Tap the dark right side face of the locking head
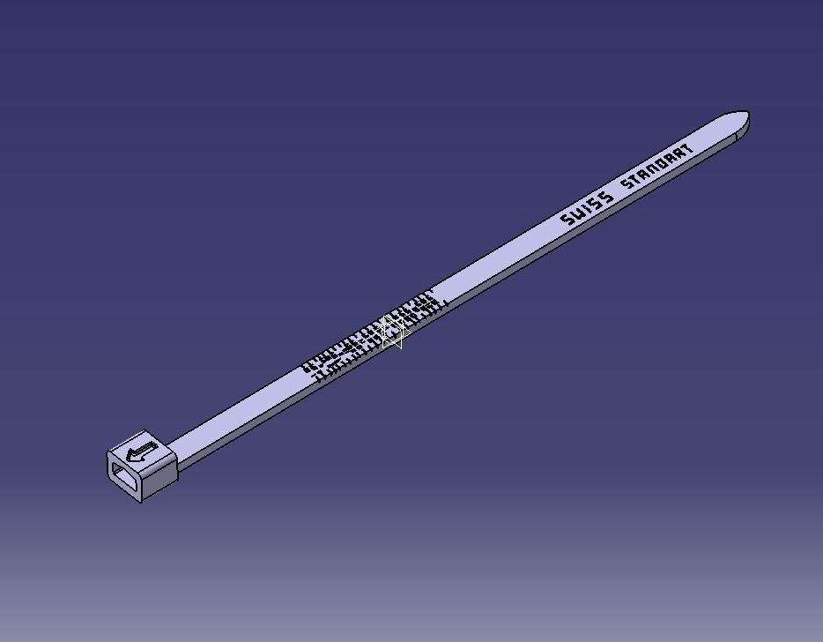[x=160, y=476]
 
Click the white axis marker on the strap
[x=391, y=332]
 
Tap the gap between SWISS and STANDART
[x=616, y=192]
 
